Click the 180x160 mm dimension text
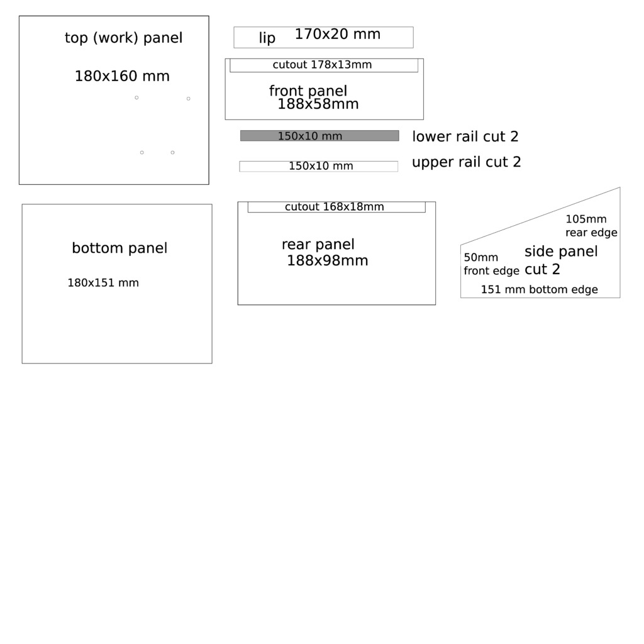point(122,76)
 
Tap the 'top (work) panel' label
point(124,38)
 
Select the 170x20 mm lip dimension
point(338,34)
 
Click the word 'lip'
point(267,38)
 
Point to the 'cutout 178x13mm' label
point(322,65)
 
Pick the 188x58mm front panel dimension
point(318,104)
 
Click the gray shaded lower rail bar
point(319,136)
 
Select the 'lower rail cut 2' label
point(465,136)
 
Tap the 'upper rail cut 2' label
point(467,162)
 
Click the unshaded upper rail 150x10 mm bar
point(319,166)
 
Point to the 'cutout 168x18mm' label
point(335,206)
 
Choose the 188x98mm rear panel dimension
point(327,260)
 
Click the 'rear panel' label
point(318,245)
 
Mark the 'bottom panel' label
point(119,248)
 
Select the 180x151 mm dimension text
point(103,282)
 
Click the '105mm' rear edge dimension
point(586,219)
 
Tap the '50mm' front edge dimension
point(481,257)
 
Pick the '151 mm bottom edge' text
point(539,289)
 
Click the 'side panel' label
point(561,252)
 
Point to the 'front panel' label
point(308,91)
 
